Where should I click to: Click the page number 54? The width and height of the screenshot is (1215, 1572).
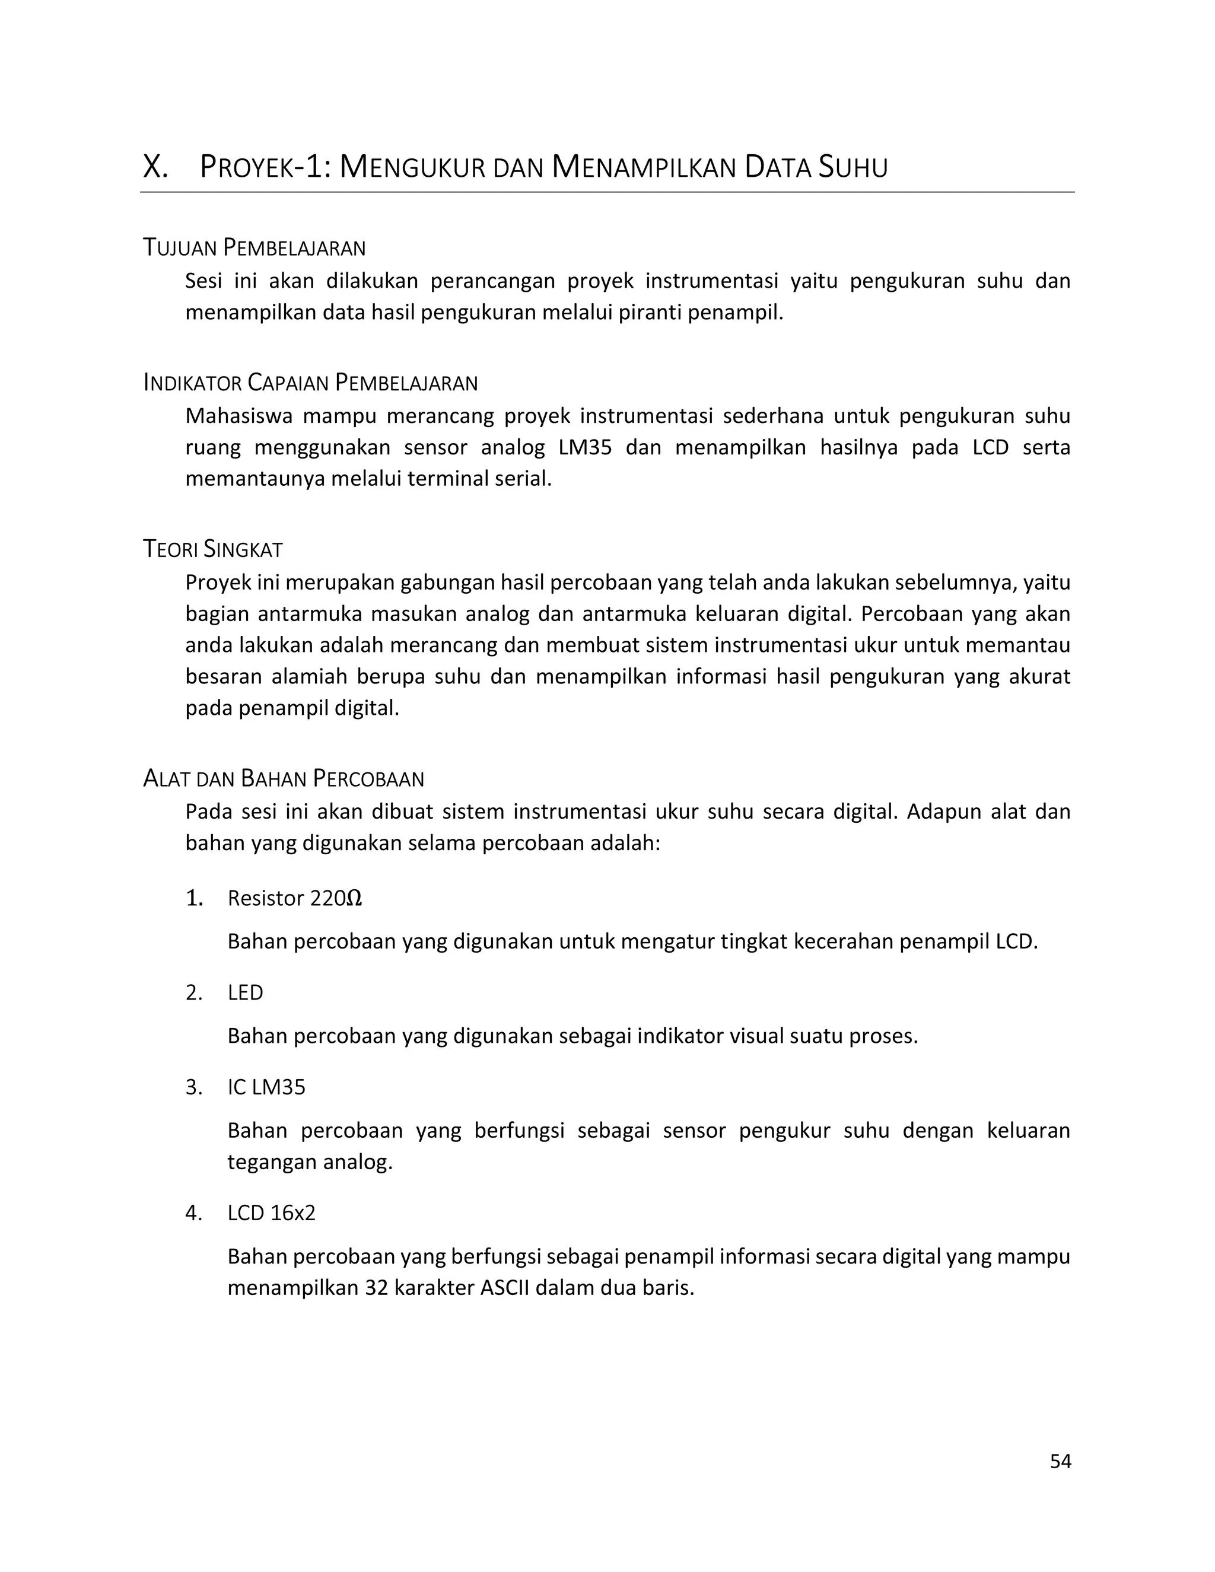(x=1060, y=1461)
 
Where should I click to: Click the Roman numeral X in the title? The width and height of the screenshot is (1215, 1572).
(x=155, y=168)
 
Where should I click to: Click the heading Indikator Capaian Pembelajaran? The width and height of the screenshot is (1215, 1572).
(x=310, y=383)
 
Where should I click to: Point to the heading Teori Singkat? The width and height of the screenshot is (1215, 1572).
(x=213, y=550)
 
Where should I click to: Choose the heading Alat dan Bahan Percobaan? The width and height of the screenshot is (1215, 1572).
(x=284, y=779)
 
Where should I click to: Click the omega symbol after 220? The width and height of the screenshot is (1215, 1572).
(x=354, y=899)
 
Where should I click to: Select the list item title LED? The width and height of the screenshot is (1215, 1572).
(x=246, y=993)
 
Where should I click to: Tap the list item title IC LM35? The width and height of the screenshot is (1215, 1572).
(x=266, y=1087)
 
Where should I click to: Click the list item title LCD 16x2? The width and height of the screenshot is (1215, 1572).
(x=271, y=1214)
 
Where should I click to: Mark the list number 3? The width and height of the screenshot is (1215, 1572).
(x=193, y=1087)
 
